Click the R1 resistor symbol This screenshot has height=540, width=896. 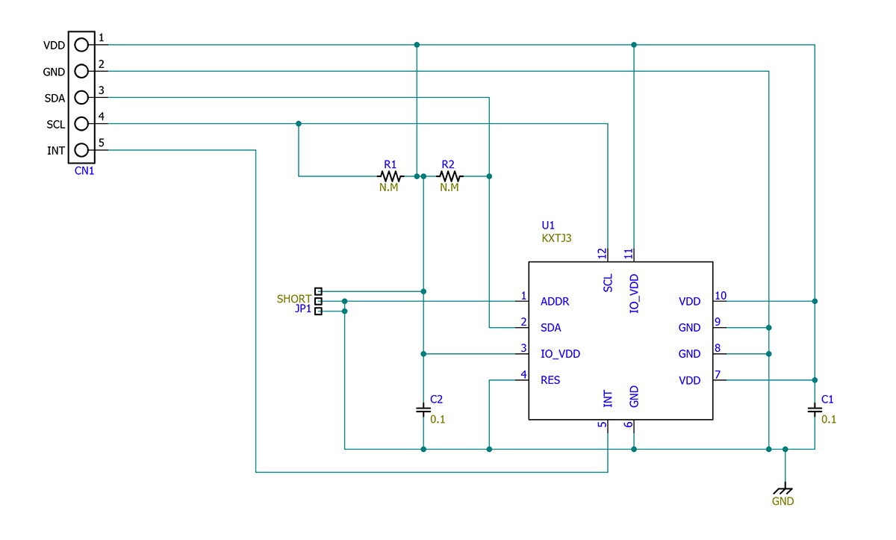tap(391, 176)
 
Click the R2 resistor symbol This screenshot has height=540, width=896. tap(449, 176)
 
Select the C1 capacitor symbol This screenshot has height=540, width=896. tap(815, 409)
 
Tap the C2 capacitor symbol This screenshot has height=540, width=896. tap(423, 409)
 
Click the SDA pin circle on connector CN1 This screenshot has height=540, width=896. tap(81, 97)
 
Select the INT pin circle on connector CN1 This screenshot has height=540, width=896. tap(81, 150)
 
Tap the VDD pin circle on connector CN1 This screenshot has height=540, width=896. tap(81, 45)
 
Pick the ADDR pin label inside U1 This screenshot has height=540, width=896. tap(555, 302)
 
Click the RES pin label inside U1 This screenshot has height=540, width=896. tap(550, 380)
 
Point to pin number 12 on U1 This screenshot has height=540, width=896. tap(602, 254)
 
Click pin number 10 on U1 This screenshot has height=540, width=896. tap(721, 296)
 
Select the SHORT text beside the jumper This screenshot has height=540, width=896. tap(294, 299)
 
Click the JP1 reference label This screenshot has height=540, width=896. tap(303, 309)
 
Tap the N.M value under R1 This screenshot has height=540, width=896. tap(389, 188)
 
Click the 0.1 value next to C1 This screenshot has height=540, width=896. tap(829, 419)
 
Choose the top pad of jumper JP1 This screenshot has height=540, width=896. tap(319, 291)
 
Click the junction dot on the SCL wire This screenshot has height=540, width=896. tap(299, 123)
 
